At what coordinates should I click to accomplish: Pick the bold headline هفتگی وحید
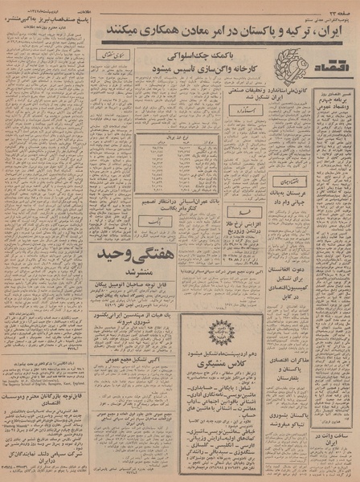[x=129, y=255]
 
